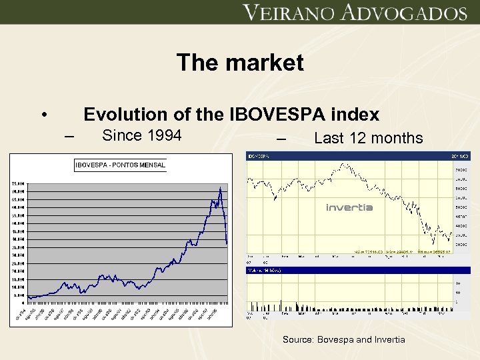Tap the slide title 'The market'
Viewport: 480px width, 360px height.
click(240, 63)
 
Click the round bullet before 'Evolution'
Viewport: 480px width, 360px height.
click(44, 115)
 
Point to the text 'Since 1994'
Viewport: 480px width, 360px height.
click(141, 136)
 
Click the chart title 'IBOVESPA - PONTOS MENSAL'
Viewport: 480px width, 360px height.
click(120, 165)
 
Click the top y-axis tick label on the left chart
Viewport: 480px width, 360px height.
click(17, 183)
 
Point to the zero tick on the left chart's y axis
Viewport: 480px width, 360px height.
click(24, 303)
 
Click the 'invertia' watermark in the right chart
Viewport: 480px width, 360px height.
click(349, 207)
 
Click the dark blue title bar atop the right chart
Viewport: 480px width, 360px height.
click(359, 156)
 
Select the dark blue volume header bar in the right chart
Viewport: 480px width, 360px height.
click(359, 270)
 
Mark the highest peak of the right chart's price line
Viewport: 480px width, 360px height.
click(343, 164)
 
